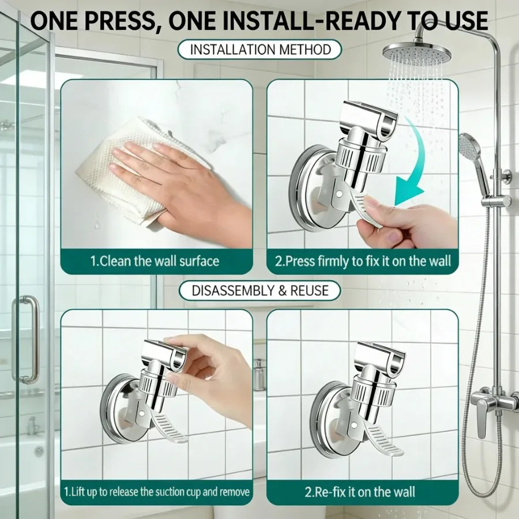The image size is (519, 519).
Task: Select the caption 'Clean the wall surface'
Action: [x=155, y=261]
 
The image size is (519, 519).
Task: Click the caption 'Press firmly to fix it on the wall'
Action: [x=363, y=261]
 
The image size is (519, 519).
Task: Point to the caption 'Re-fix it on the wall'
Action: [x=359, y=492]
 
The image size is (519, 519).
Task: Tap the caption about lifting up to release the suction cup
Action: [x=156, y=492]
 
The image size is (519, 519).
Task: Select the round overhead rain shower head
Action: [x=416, y=54]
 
